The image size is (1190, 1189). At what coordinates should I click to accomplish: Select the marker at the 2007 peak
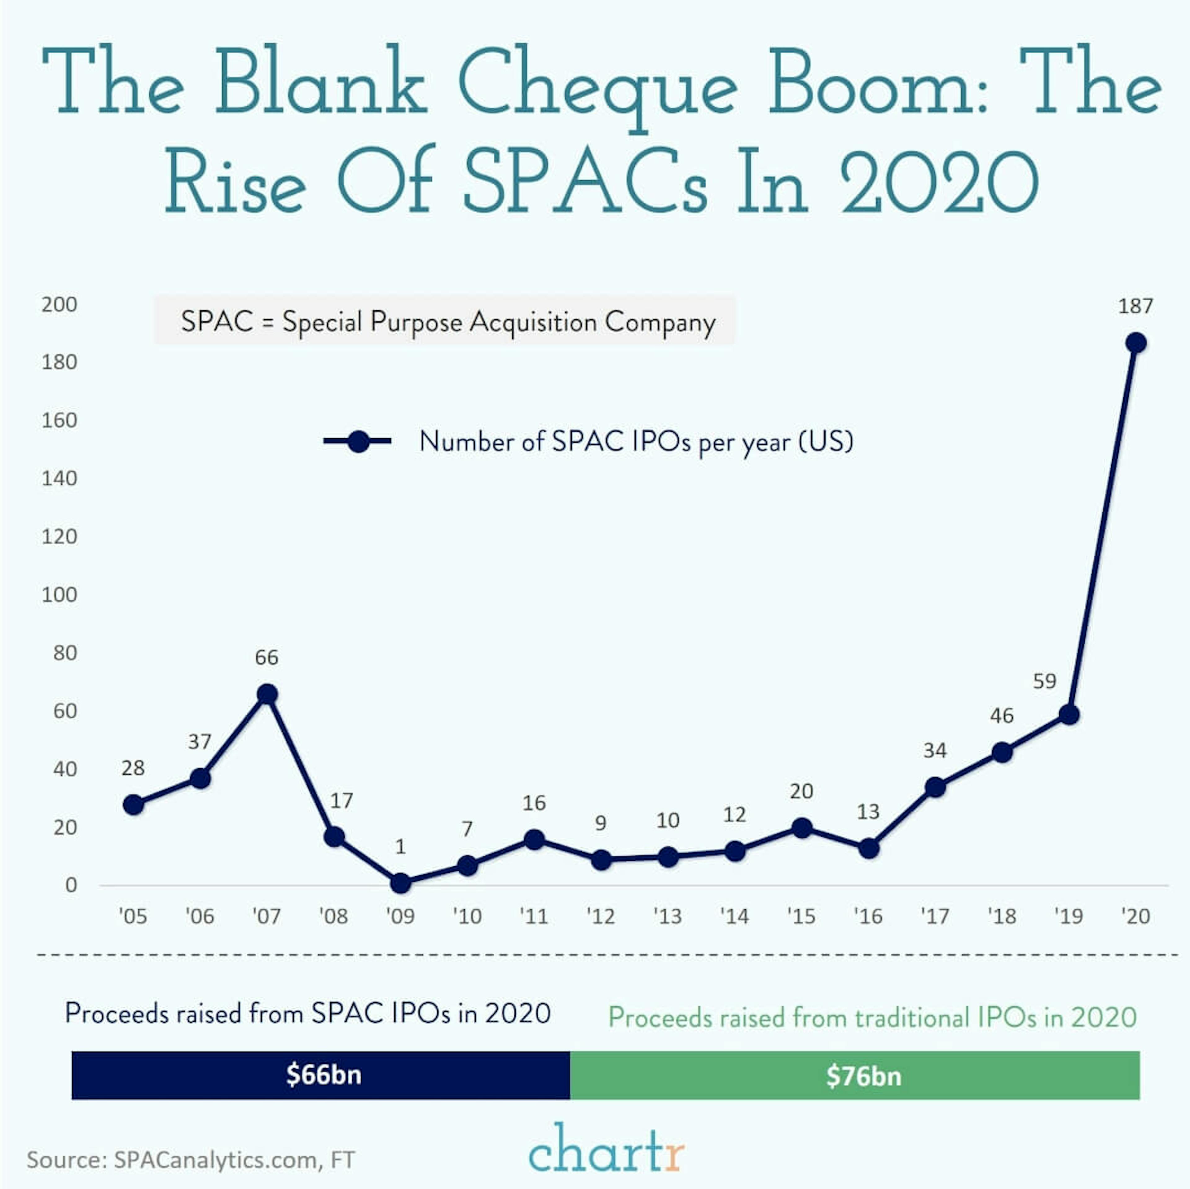(267, 694)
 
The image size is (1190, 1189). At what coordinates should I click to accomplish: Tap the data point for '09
(400, 883)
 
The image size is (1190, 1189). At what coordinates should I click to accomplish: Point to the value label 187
(1135, 306)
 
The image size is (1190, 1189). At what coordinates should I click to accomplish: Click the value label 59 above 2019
(1045, 681)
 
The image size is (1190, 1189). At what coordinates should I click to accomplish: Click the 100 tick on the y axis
(59, 594)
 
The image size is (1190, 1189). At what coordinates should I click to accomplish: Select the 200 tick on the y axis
(59, 304)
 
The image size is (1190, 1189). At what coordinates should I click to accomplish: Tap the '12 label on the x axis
(601, 917)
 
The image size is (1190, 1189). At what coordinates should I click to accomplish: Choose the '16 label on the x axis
(868, 917)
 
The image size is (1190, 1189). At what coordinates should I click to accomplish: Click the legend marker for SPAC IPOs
(358, 441)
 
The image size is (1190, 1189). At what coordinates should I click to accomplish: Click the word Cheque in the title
(597, 86)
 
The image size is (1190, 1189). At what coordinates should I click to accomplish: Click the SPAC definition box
(445, 321)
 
